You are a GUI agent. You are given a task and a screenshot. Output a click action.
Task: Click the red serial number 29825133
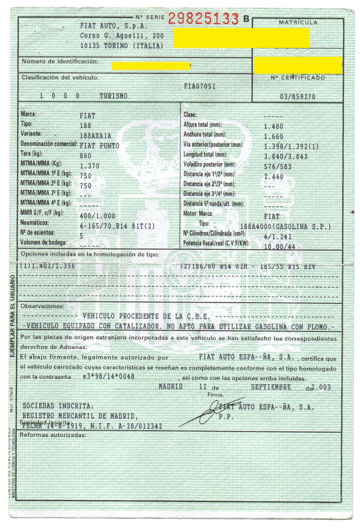tap(203, 18)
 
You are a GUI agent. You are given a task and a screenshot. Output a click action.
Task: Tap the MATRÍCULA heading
tap(298, 22)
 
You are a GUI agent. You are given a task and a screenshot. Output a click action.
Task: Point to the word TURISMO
tap(114, 96)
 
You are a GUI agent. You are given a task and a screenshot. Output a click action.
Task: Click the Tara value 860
tap(86, 155)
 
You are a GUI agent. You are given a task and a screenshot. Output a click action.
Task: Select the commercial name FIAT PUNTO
tap(100, 146)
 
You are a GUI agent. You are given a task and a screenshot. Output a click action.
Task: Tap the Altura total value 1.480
tap(274, 126)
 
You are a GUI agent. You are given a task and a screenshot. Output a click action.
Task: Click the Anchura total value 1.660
tap(274, 136)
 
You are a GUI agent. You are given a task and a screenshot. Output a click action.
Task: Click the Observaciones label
tap(42, 306)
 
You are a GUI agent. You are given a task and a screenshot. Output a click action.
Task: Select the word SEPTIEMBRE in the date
tap(271, 387)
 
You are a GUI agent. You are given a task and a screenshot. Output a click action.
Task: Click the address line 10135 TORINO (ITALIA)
tap(122, 46)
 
